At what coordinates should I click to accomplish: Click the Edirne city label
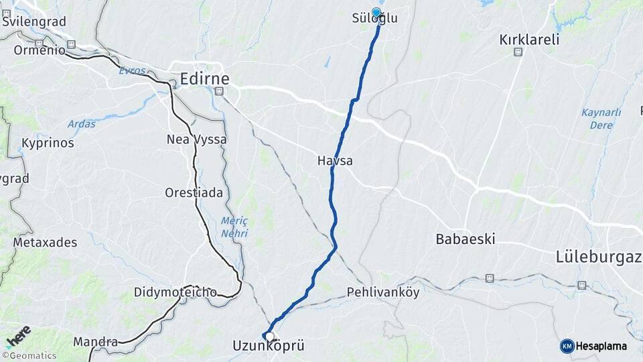click(204, 79)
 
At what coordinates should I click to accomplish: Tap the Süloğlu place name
click(374, 19)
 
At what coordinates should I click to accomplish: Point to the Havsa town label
click(335, 161)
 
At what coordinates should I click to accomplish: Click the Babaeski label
click(466, 239)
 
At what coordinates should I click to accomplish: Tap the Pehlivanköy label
click(382, 292)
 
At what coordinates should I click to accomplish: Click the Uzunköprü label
click(268, 347)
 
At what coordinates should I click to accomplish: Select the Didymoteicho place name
click(175, 292)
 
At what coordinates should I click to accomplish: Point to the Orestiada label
click(194, 192)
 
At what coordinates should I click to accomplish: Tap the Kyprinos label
click(48, 143)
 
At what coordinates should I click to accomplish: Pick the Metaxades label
click(45, 243)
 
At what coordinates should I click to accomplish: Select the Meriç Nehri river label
click(234, 227)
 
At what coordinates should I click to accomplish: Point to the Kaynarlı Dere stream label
click(601, 119)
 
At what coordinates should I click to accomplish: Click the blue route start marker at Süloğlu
click(376, 12)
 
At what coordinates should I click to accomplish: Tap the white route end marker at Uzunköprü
click(269, 337)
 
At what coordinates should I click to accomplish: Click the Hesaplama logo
click(593, 346)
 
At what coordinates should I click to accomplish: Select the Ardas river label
click(81, 124)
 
